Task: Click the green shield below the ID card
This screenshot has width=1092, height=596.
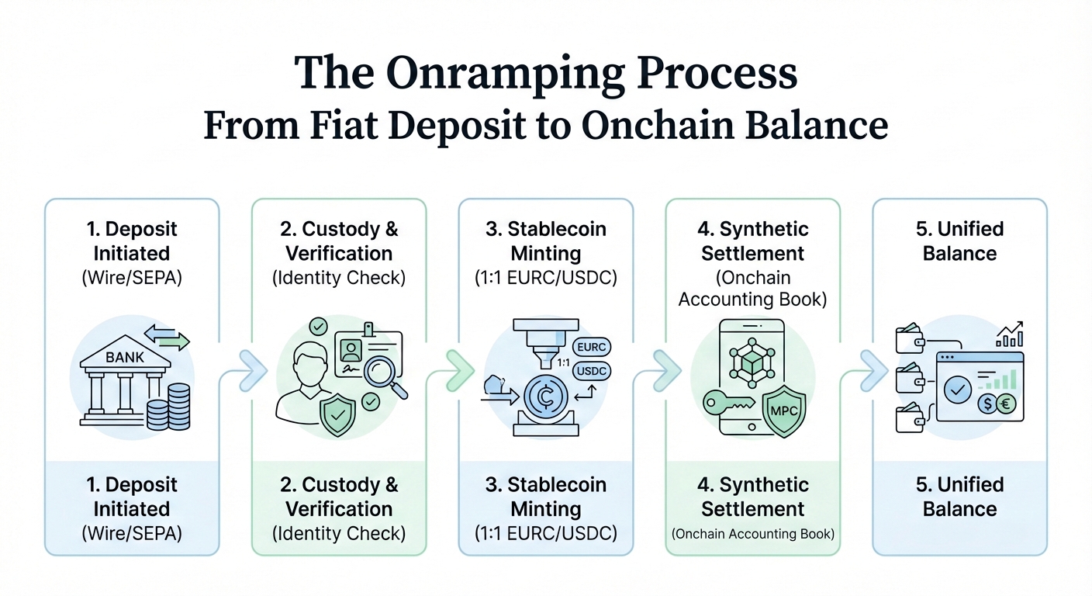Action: pyautogui.click(x=337, y=417)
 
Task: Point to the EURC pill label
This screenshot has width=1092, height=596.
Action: pyautogui.click(x=590, y=347)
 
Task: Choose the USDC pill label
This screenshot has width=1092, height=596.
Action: pyautogui.click(x=590, y=372)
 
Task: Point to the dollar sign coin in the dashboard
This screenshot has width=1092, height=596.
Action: pyautogui.click(x=987, y=404)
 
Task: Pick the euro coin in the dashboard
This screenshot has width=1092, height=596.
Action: pyautogui.click(x=1006, y=404)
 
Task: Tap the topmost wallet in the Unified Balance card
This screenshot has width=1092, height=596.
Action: pyautogui.click(x=909, y=339)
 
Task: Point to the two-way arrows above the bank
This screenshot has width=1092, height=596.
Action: pyautogui.click(x=166, y=337)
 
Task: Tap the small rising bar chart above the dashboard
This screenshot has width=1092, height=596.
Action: pyautogui.click(x=1010, y=334)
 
